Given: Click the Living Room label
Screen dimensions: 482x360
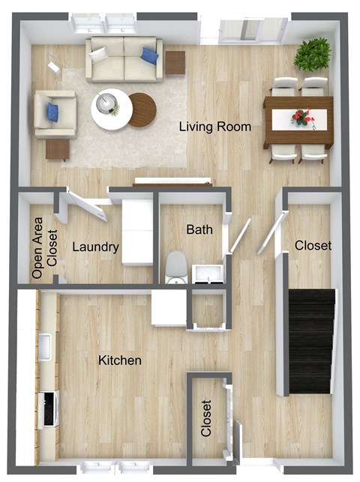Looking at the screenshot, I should coord(214,126).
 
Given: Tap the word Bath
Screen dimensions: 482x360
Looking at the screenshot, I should coord(200,229).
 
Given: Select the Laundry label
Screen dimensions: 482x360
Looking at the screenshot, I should coord(95,247).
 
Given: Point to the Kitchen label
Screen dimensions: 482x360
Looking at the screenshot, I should coord(120,361).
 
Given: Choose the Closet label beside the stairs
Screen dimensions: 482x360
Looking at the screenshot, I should coord(313,245).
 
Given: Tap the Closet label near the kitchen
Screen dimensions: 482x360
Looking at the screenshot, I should coord(207,418).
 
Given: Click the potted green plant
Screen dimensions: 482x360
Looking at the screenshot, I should coord(312,54).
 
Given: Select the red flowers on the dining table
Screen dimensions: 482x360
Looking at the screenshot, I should coord(301,116).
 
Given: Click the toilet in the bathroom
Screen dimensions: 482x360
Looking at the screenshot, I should coord(176,267).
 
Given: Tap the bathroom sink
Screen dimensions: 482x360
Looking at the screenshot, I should coord(204,274).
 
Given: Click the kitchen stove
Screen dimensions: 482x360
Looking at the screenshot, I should coord(49,409).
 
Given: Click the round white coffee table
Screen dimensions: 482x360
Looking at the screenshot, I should coord(111,109).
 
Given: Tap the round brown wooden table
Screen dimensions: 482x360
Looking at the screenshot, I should coord(142,109).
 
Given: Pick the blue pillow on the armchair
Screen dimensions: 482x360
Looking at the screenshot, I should coord(53,112).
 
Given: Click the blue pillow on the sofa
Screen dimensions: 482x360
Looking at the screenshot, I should coord(149,56).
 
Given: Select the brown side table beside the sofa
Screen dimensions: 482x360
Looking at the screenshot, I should coord(175,62).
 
